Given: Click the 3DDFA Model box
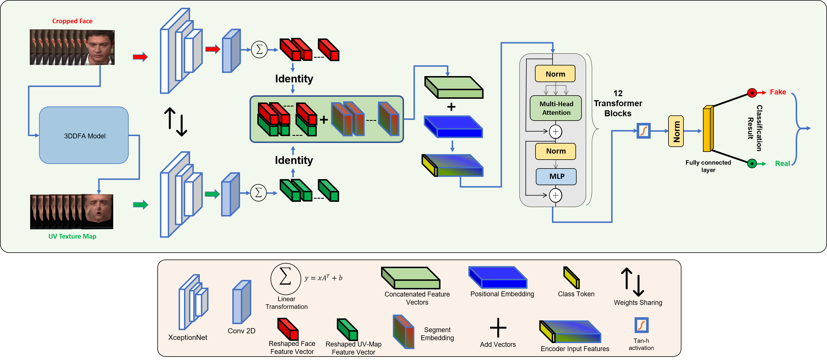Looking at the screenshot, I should pos(84,136).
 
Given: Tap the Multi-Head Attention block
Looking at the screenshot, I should pos(556,108).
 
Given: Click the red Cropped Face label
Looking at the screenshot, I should pos(72,21).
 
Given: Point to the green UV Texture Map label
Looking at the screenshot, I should pos(72,237).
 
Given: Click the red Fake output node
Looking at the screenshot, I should pos(751,93).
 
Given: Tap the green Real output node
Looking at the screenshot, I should pos(751,164).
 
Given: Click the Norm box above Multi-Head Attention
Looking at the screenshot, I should pos(555,74).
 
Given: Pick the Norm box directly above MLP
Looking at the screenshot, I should pos(556,151).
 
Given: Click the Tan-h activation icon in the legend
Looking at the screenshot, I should pos(641,325).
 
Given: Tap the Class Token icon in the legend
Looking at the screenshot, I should pos(571,278).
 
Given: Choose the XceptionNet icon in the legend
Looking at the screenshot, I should pos(193,302).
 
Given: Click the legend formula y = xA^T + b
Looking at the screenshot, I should pos(323,278).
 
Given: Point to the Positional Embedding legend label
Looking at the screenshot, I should pos(502,294).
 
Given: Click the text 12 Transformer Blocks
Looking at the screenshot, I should pos(618,103).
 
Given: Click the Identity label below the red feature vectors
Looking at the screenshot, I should pos(294,79).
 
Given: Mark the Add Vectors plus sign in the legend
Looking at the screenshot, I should pos(498,328).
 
